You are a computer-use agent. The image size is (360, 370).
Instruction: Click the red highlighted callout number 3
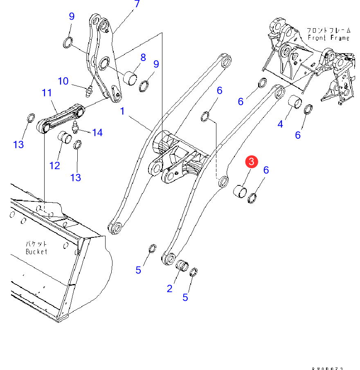[x=252, y=162]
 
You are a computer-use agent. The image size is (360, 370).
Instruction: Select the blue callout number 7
[x=137, y=5]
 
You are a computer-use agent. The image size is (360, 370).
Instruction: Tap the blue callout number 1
[x=122, y=111]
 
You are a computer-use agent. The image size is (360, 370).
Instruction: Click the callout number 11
[x=46, y=93]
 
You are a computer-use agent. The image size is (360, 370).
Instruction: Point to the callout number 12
[x=55, y=165]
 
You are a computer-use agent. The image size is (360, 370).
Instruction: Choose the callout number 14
[x=97, y=132]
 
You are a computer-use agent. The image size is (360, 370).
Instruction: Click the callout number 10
[x=63, y=81]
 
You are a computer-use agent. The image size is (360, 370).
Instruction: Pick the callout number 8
[x=143, y=57]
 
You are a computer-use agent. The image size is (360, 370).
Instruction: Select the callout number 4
[x=280, y=123]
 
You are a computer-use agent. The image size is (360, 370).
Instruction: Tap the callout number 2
[x=170, y=289]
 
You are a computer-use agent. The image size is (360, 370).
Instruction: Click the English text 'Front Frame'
[x=329, y=38]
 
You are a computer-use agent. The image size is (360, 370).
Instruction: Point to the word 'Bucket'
[x=36, y=251]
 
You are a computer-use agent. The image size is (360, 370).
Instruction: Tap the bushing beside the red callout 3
[x=240, y=191]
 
